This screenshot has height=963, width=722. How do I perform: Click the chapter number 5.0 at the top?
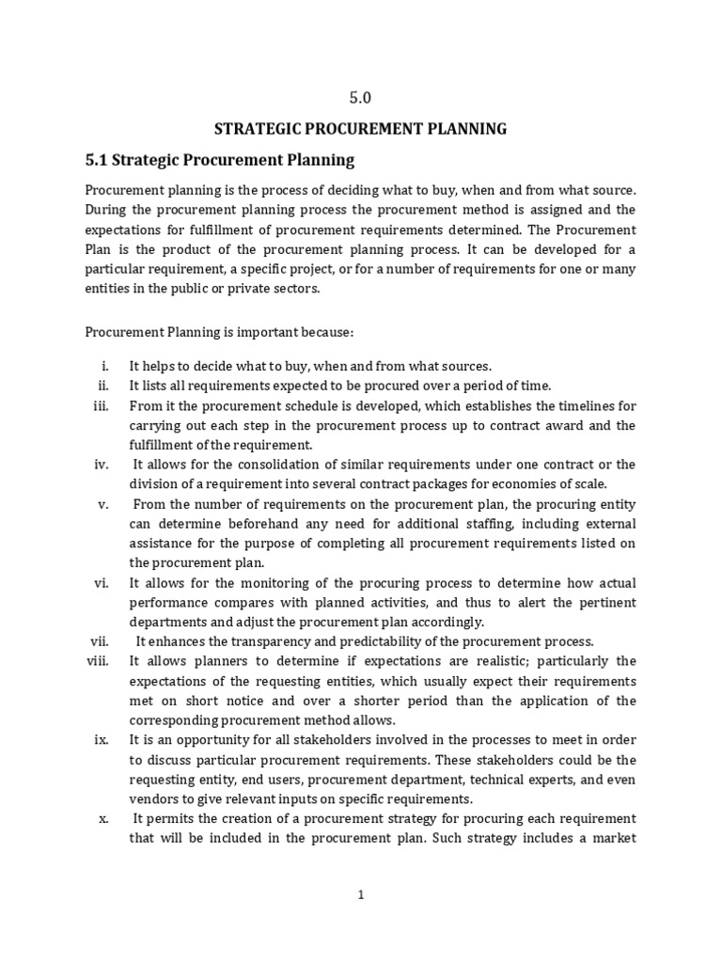point(361,96)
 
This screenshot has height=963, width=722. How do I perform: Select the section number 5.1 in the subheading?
point(101,160)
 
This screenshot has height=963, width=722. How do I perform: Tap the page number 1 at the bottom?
point(360,895)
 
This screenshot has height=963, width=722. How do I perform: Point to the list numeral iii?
point(102,406)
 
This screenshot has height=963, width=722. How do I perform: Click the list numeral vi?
point(102,582)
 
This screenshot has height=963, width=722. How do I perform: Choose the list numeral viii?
point(99,661)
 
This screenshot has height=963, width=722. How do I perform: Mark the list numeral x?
point(104,818)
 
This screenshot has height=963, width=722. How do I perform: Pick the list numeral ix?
point(102,740)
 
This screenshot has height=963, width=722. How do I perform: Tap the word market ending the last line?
point(615,838)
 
